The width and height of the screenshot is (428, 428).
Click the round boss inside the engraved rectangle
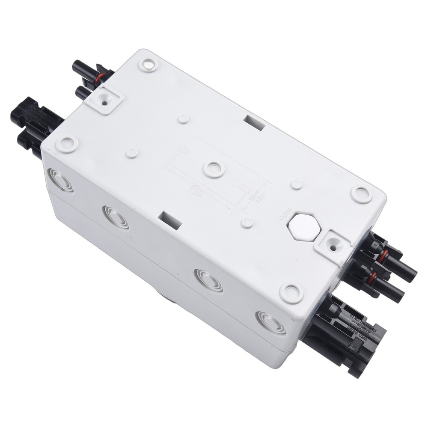[x=214, y=169]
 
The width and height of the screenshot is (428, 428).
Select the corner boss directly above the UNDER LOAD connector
[x=291, y=293]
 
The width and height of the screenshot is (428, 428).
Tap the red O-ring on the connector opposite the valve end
[x=99, y=77]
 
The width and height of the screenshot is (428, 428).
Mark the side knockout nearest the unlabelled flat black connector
[x=60, y=180]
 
